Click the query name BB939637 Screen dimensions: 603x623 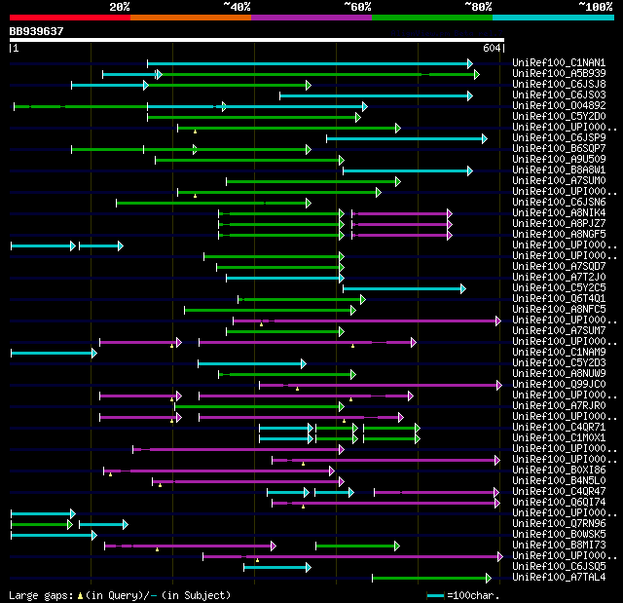tap(36, 31)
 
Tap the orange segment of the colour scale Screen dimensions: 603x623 tap(190, 18)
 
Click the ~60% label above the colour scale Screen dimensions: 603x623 tap(357, 7)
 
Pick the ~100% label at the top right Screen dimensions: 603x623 tap(595, 7)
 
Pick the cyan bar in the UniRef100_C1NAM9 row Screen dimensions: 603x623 tap(53, 353)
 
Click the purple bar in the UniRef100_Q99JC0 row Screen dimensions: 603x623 tap(380, 385)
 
